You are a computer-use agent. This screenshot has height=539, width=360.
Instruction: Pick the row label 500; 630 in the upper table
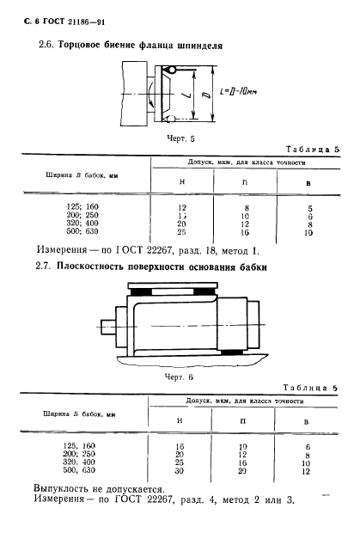click(83, 233)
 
